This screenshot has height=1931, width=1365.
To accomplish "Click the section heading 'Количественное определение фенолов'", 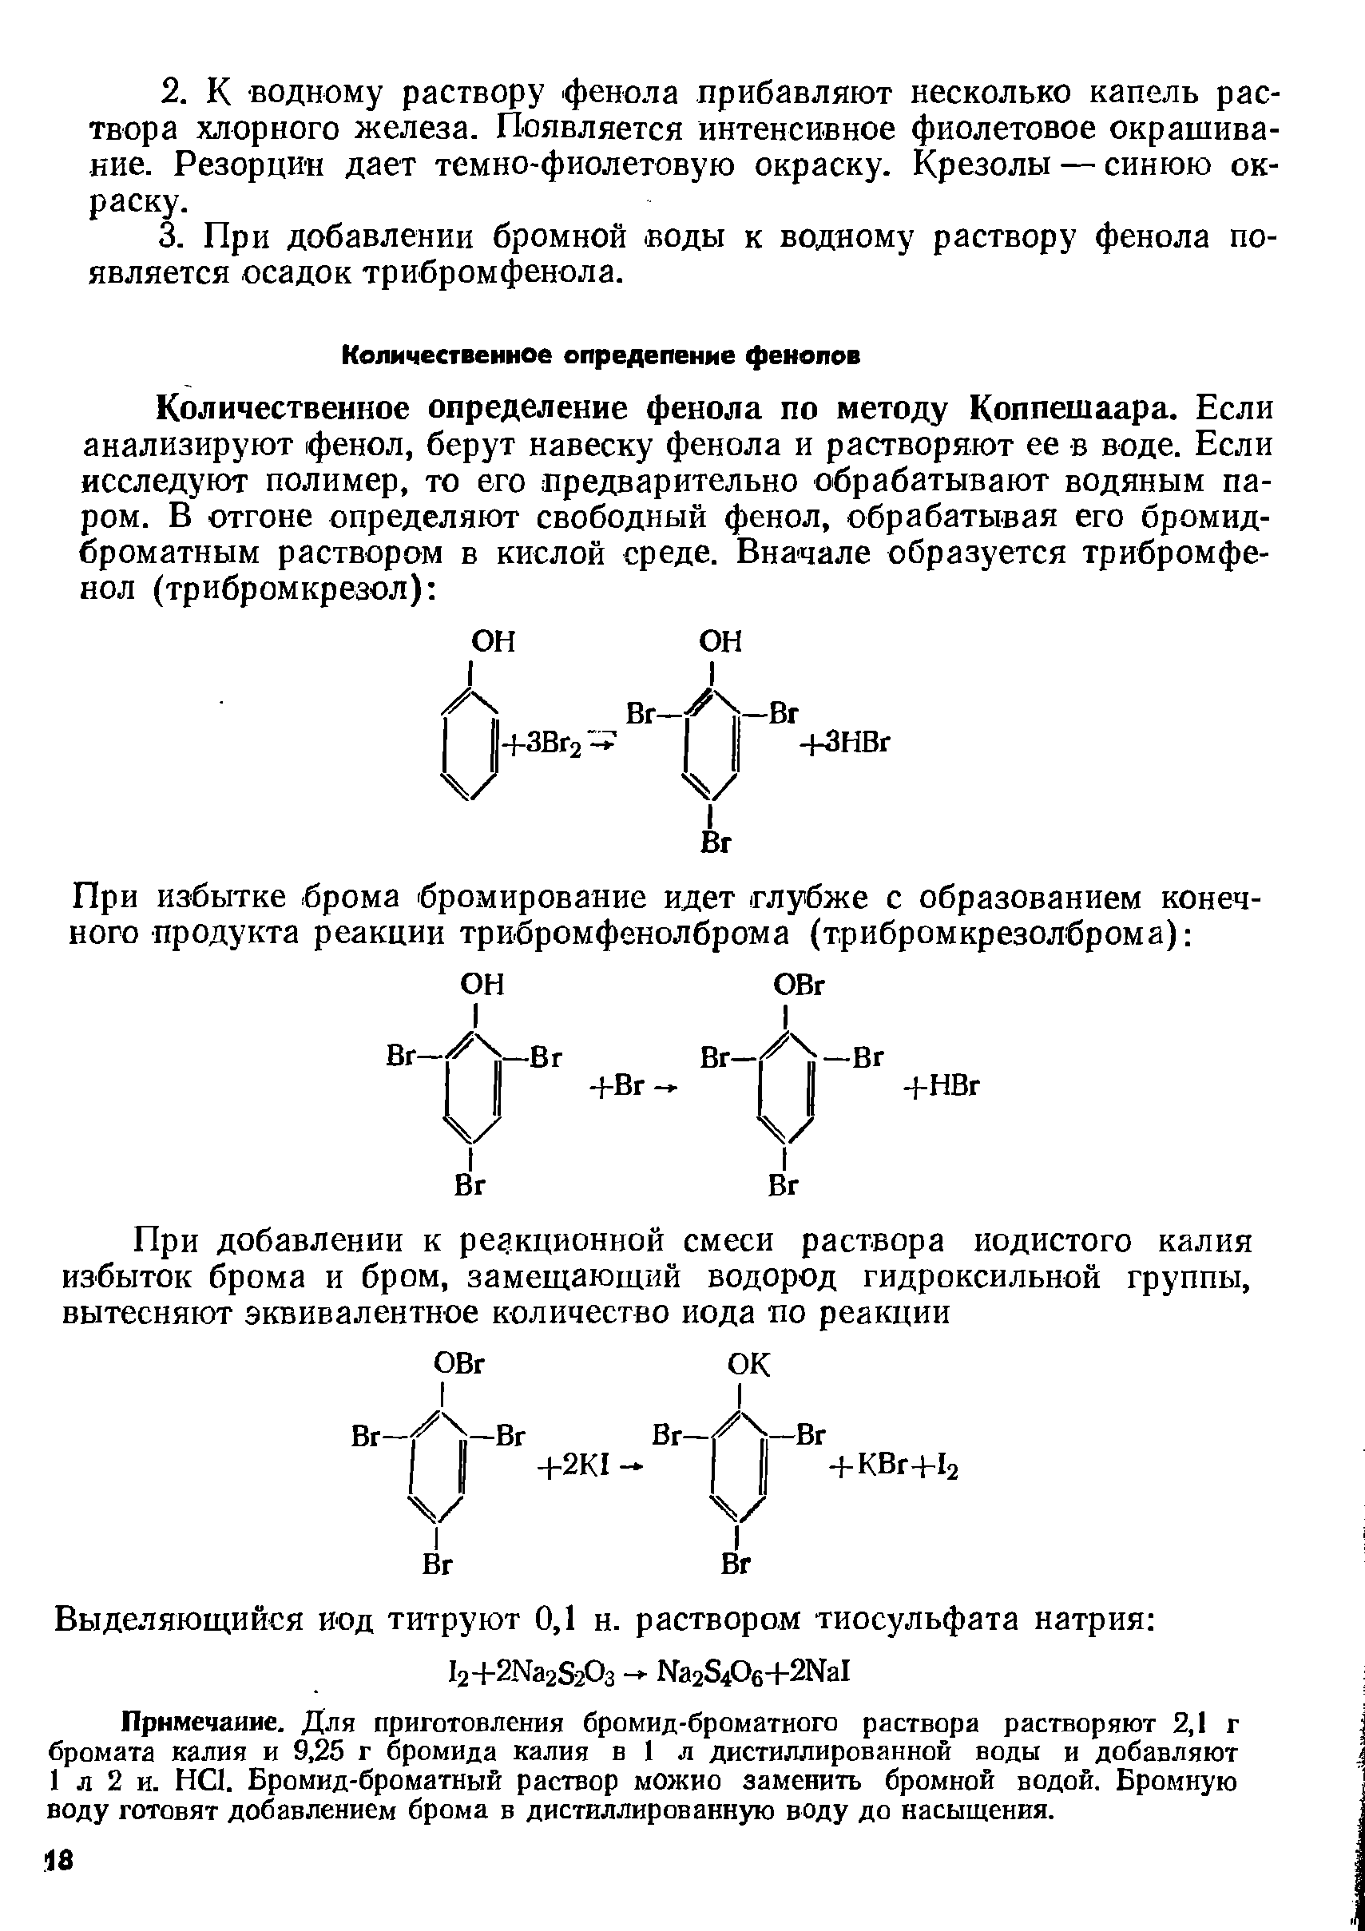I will coord(601,357).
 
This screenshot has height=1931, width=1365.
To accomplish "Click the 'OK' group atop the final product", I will coord(748,1365).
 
